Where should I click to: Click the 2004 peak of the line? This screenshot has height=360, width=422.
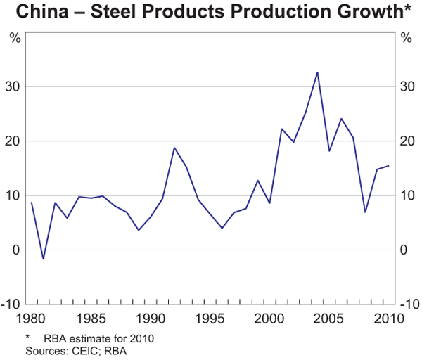pyautogui.click(x=317, y=72)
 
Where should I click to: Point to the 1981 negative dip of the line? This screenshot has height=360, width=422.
pyautogui.click(x=44, y=259)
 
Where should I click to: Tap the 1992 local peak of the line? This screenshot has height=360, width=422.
pyautogui.click(x=174, y=148)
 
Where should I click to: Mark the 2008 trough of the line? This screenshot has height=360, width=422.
pyautogui.click(x=364, y=212)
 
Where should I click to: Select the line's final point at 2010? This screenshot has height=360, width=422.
pyautogui.click(x=388, y=166)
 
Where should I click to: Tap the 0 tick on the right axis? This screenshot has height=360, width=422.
pyautogui.click(x=403, y=250)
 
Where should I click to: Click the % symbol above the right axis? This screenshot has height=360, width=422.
pyautogui.click(x=406, y=38)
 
